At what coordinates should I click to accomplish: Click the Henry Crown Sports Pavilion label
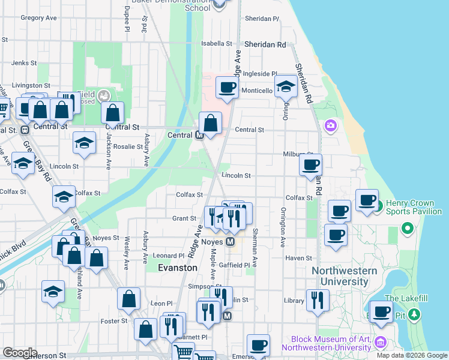point(414,207)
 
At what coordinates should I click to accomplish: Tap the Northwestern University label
point(344,276)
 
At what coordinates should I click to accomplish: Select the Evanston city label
point(177,268)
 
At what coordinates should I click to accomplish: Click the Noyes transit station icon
point(229,242)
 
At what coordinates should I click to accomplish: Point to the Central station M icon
point(202,135)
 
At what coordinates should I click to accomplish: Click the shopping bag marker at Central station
point(210,124)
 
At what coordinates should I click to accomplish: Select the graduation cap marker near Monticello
point(286,87)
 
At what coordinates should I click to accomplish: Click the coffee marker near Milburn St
point(310,165)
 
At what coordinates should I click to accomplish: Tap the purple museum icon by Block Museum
point(379,343)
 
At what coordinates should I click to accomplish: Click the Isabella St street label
point(216,44)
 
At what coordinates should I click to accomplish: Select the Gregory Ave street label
point(38,18)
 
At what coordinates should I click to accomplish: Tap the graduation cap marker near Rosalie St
point(85,143)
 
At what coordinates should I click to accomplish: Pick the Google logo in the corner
point(20,353)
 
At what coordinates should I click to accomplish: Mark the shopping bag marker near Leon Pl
point(128,299)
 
